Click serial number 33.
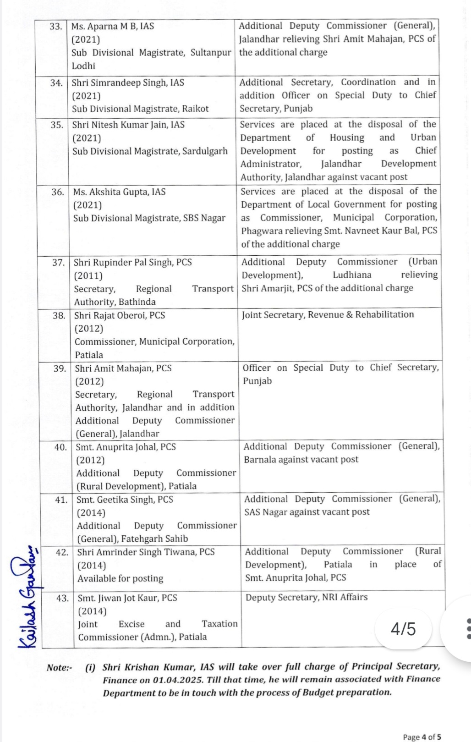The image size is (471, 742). pos(55,27)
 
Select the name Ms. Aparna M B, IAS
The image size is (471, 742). pos(113,27)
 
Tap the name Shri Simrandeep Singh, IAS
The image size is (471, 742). pos(128,83)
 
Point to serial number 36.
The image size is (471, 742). pos(58,192)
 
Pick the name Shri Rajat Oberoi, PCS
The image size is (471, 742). pos(120,315)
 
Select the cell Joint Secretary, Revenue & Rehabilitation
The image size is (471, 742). pos(328,314)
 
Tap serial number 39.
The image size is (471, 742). pos(60,368)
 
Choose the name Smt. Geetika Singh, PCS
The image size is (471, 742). pos(125,500)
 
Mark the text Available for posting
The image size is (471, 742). pos(120,578)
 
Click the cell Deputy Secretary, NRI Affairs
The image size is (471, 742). pos(307,597)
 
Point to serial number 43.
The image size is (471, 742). pos(62,598)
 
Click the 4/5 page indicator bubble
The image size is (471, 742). pos(403,629)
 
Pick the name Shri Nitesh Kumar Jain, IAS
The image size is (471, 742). pos(128,125)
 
